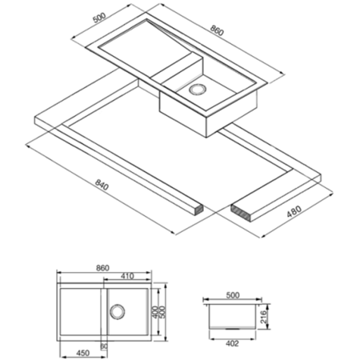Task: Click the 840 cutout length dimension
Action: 102,185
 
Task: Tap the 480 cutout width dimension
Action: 294,211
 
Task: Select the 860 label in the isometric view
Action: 217,30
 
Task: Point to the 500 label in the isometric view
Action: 99,18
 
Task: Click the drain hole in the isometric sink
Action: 198,90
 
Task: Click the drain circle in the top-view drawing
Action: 117,311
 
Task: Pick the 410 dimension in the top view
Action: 127,276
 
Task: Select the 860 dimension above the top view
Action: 102,268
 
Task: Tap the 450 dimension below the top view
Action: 83,353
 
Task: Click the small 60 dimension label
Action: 104,346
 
